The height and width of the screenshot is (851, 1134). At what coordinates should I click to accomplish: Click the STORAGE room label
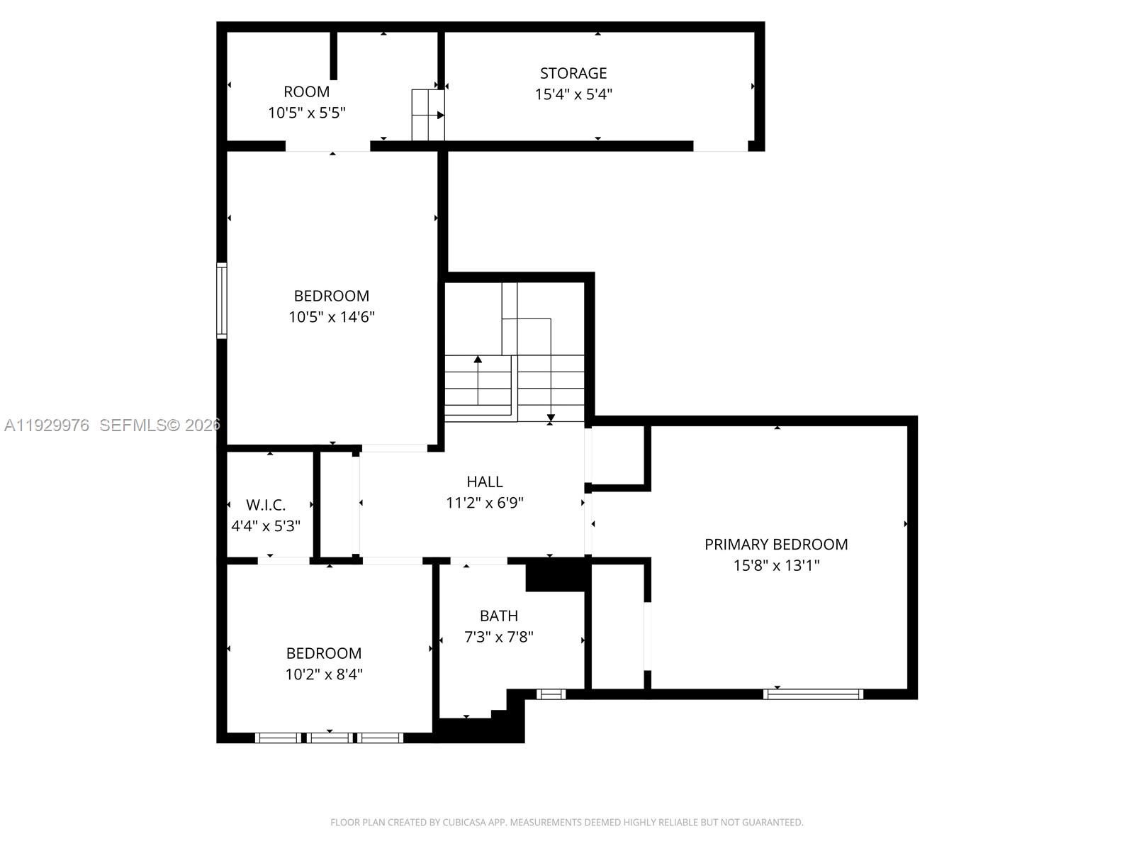(573, 73)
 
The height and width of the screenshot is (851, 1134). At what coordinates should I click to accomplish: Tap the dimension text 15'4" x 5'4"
(573, 94)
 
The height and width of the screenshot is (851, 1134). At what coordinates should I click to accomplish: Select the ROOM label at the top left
(306, 91)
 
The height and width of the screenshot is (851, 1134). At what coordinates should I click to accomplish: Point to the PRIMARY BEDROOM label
(776, 545)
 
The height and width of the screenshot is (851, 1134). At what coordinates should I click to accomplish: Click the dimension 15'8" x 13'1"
(776, 566)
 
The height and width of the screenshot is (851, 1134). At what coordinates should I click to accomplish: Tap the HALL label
(485, 482)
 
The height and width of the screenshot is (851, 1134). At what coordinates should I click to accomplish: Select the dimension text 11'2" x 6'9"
(485, 504)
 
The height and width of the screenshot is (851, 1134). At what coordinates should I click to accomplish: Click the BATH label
(498, 616)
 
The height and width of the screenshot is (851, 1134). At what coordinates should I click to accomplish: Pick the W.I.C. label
(266, 506)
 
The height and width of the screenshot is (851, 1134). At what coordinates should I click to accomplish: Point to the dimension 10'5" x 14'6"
(331, 317)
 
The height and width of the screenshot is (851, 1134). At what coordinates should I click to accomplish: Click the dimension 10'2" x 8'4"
(324, 674)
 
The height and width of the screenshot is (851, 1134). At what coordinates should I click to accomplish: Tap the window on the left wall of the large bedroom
(222, 300)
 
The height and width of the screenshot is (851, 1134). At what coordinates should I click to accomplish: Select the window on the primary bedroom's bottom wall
(813, 694)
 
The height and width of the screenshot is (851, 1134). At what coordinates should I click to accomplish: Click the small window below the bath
(551, 694)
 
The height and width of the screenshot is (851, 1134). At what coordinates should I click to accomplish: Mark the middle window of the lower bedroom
(330, 738)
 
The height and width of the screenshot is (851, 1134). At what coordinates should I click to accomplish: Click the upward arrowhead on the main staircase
(478, 360)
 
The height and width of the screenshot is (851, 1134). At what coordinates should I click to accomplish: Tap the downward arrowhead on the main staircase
(551, 418)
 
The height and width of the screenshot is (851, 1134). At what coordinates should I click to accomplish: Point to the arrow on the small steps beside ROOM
(439, 115)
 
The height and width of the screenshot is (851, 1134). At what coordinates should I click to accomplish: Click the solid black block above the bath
(556, 575)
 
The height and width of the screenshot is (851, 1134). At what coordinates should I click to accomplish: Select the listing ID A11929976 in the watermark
(47, 425)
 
